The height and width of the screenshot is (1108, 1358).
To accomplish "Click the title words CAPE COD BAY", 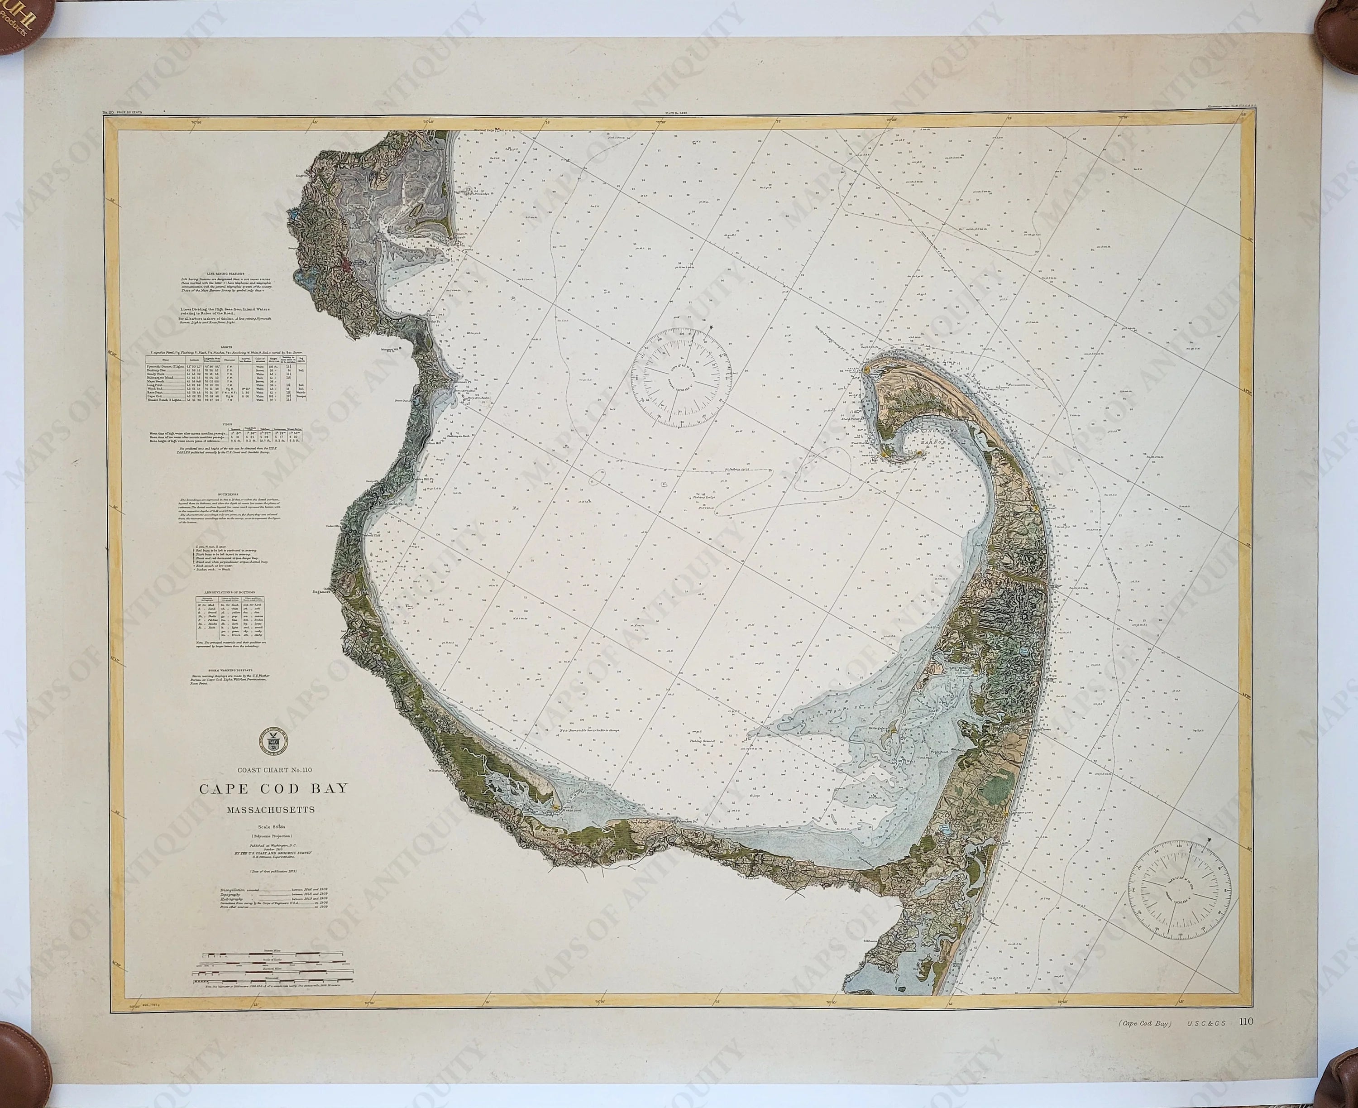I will click(274, 787).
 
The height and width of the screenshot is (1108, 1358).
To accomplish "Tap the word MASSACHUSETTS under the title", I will click(270, 810).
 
